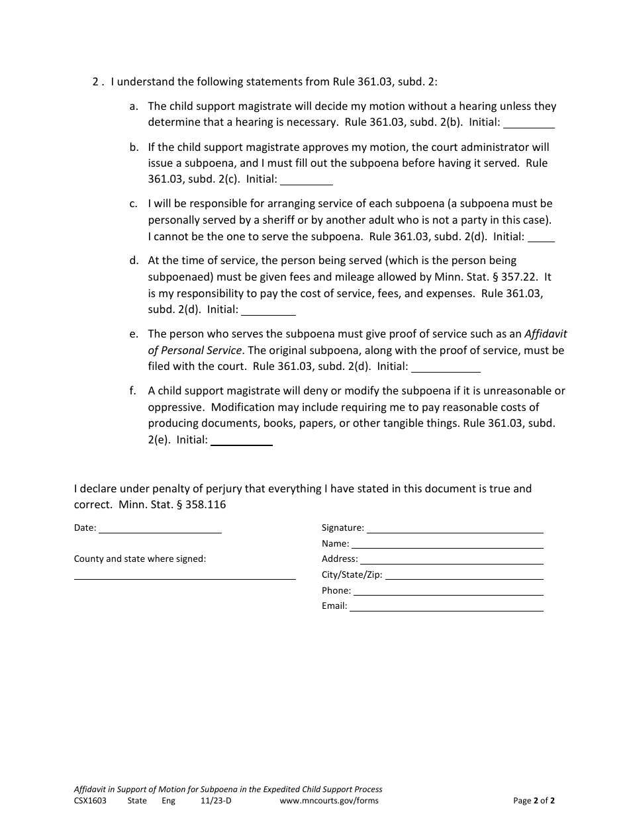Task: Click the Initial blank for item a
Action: pyautogui.click(x=529, y=123)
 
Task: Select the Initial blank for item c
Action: pyautogui.click(x=541, y=238)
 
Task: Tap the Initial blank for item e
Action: pyautogui.click(x=446, y=367)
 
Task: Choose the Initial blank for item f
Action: pyautogui.click(x=242, y=441)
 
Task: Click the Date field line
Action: pyautogui.click(x=160, y=529)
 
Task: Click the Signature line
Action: pyautogui.click(x=455, y=529)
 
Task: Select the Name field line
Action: pyautogui.click(x=447, y=544)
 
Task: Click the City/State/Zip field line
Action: pyautogui.click(x=464, y=576)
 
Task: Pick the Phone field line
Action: pyautogui.click(x=448, y=591)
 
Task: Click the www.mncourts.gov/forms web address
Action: pyautogui.click(x=329, y=801)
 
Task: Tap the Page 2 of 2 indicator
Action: pyautogui.click(x=534, y=801)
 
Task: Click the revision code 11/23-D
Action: pyautogui.click(x=216, y=801)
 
